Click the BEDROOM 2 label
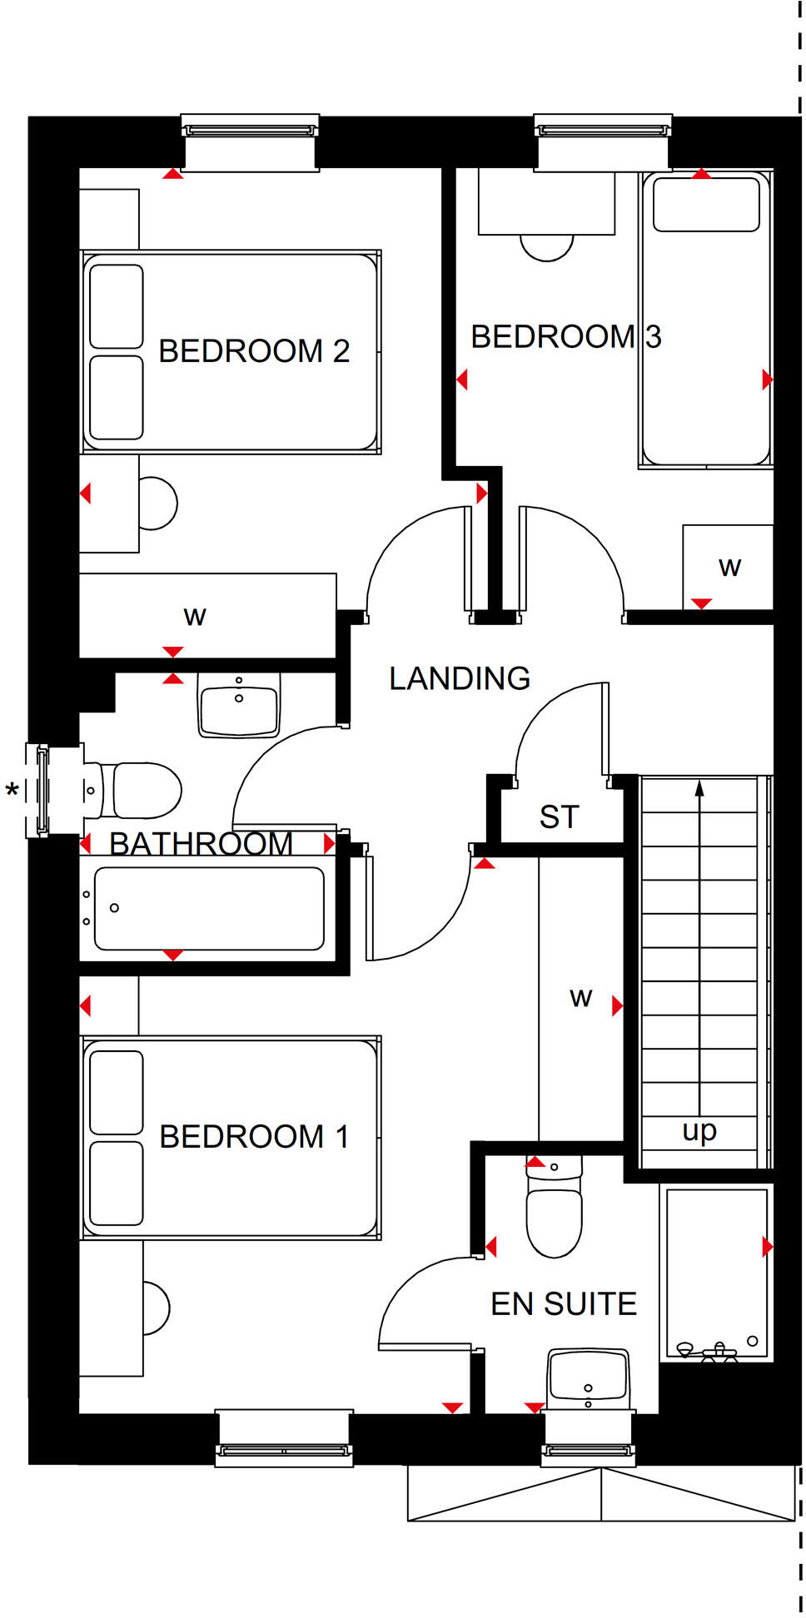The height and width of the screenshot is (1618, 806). click(253, 351)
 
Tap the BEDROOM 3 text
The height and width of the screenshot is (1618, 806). click(565, 337)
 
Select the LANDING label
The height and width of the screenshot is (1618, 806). click(460, 678)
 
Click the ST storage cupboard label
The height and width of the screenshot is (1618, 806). click(559, 817)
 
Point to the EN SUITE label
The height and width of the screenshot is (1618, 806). click(564, 1304)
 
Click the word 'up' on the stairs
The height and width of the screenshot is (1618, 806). click(699, 1131)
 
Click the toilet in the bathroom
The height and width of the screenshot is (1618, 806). click(137, 791)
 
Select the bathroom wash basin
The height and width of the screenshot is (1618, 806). click(239, 707)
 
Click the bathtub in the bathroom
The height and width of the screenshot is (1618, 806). click(208, 909)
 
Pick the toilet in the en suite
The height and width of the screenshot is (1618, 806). click(555, 1215)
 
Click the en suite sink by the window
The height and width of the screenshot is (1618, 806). click(588, 1377)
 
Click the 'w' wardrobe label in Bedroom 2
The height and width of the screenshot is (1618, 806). click(195, 617)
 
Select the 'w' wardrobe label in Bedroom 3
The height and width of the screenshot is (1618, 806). click(729, 568)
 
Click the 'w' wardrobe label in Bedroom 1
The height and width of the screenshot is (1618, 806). click(580, 998)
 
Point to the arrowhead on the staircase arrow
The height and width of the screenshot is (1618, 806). click(699, 787)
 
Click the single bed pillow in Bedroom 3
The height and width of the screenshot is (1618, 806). click(706, 205)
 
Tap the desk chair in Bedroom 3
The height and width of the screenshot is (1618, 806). click(547, 247)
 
